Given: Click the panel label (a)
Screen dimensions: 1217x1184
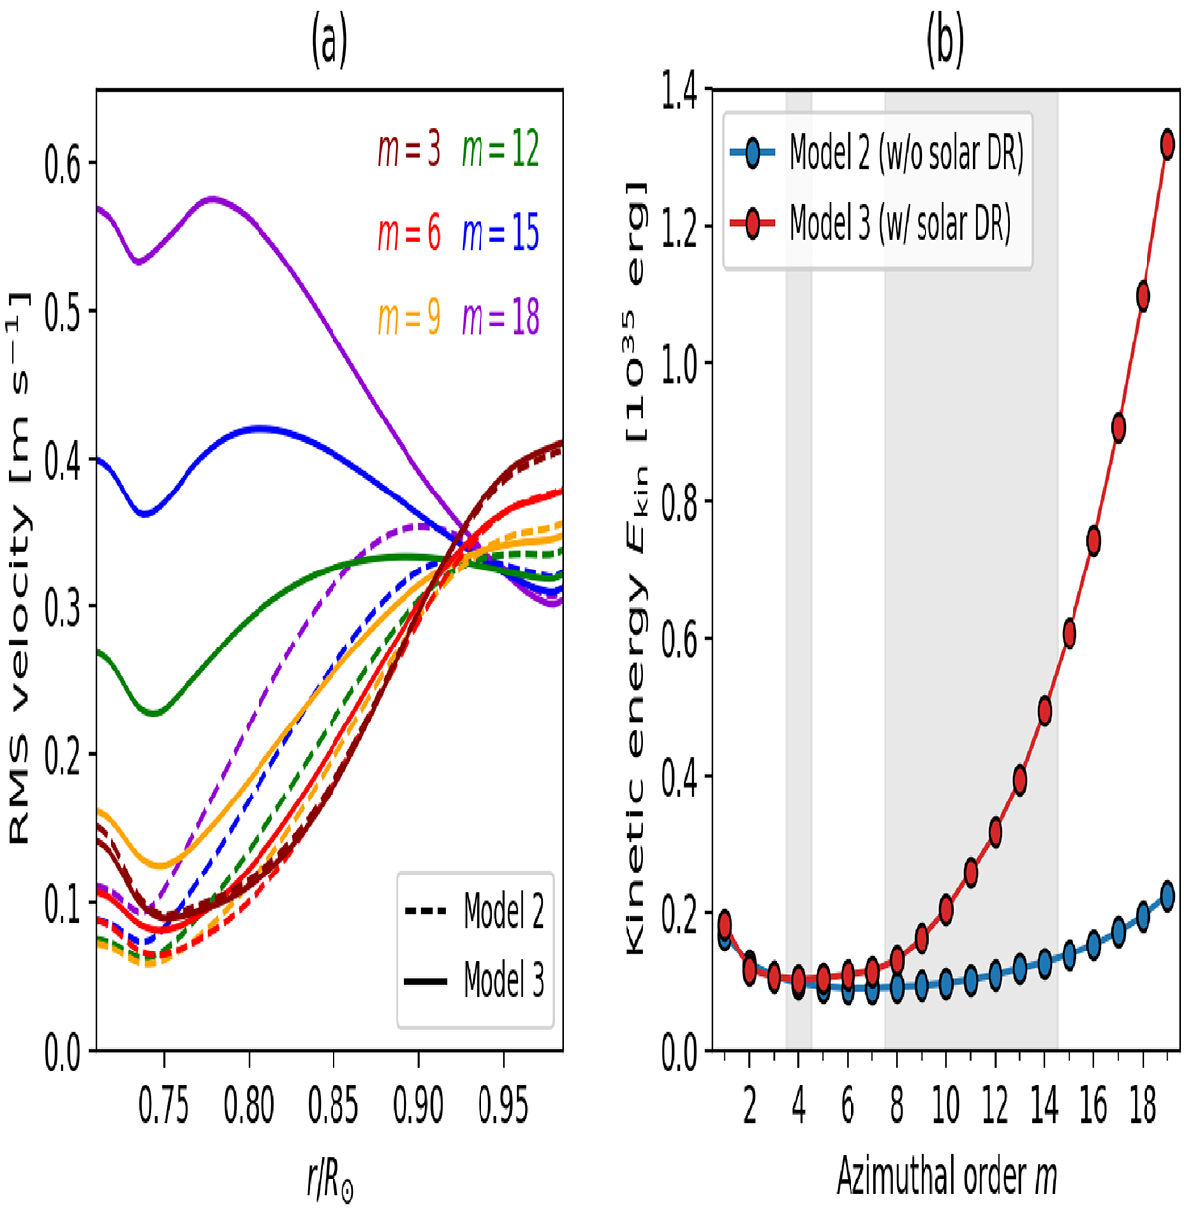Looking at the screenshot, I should [330, 43].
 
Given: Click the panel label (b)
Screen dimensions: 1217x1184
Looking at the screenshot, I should [944, 43].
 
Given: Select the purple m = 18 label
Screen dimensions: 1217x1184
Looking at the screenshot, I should [500, 318].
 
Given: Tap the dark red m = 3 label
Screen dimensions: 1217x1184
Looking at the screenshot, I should [408, 150].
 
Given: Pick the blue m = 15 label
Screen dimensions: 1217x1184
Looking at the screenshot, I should [500, 234].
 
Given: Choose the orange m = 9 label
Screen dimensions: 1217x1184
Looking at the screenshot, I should [408, 318].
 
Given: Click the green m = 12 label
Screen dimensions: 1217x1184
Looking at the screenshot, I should [500, 150].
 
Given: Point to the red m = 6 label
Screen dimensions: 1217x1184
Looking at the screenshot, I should [408, 234].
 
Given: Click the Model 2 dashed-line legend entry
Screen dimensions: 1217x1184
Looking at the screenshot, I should [475, 911].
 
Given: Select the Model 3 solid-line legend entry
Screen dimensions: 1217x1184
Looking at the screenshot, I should [475, 981].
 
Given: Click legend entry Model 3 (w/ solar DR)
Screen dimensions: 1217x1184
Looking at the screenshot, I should [878, 225].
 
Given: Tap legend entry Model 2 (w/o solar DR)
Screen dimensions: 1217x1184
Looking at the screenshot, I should [878, 154].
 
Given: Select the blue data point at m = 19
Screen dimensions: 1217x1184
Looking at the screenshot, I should [1167, 896].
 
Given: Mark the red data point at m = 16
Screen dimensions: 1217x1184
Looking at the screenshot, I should [1093, 540].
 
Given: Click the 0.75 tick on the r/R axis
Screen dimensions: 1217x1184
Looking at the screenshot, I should [164, 1104].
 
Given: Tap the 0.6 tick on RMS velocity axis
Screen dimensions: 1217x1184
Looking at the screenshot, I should [62, 163].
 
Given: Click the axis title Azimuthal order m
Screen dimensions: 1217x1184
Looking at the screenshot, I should [945, 1176].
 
